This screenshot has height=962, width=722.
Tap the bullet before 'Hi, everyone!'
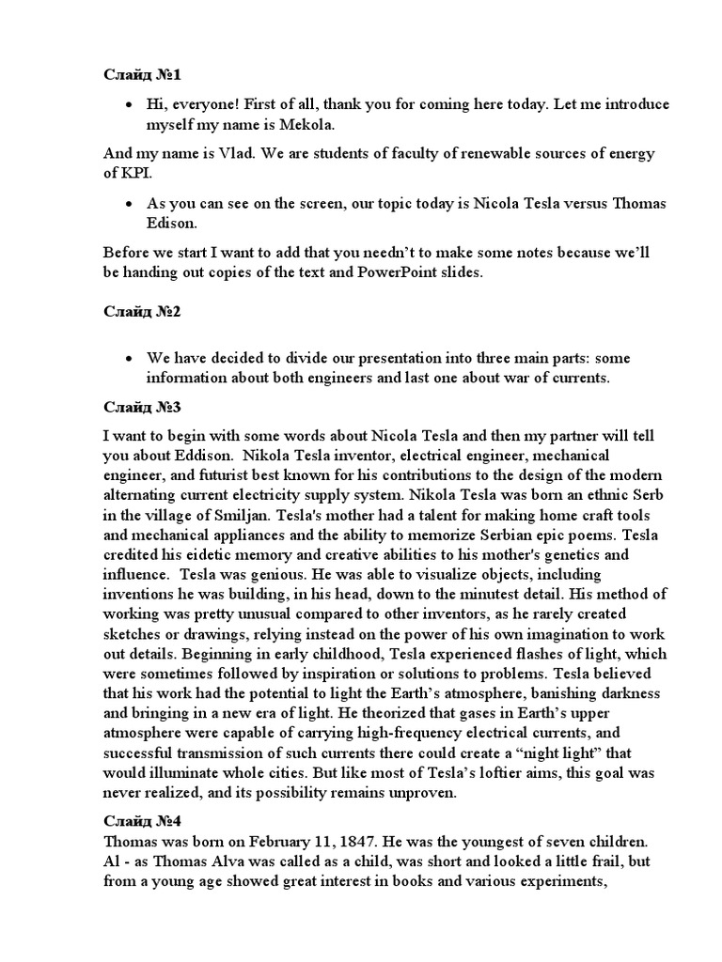129,104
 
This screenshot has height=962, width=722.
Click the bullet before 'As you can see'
129,202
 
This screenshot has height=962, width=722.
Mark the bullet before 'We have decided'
129,359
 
